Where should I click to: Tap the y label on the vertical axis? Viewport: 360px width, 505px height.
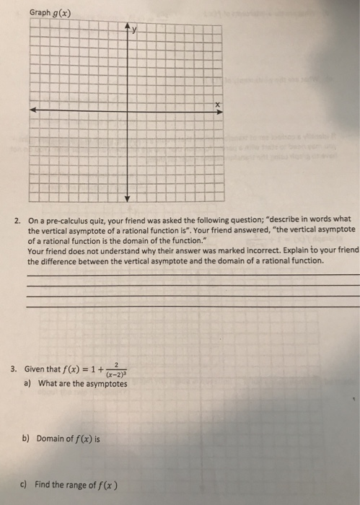(x=134, y=31)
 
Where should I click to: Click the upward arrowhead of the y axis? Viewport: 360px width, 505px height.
(x=128, y=30)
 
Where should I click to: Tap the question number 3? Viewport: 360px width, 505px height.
(x=15, y=368)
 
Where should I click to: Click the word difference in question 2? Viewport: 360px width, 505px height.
(x=58, y=260)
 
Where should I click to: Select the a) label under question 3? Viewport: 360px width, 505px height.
(x=27, y=384)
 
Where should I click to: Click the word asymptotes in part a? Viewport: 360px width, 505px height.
(x=105, y=384)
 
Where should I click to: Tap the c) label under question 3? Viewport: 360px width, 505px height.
(x=27, y=484)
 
